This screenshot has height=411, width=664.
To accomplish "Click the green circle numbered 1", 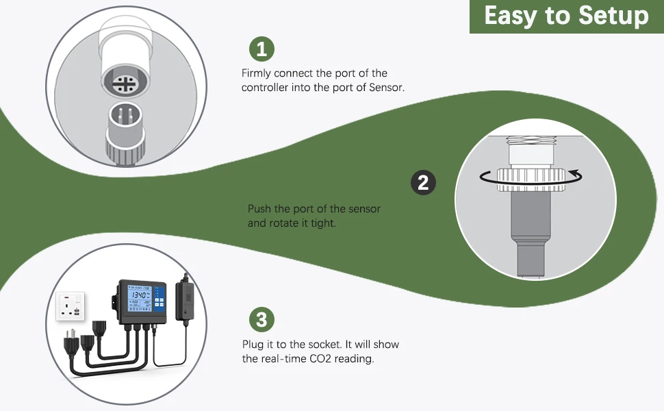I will pyautogui.click(x=261, y=49).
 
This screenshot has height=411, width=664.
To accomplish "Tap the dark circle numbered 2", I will pyautogui.click(x=422, y=182).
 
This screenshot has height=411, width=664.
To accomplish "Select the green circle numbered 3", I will pyautogui.click(x=261, y=319).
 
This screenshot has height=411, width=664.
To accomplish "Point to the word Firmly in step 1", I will pyautogui.click(x=257, y=73).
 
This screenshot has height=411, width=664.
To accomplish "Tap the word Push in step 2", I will pyautogui.click(x=259, y=209).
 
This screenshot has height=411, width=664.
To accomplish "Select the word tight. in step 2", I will pyautogui.click(x=322, y=223).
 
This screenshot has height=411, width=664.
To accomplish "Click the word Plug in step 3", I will pyautogui.click(x=253, y=344).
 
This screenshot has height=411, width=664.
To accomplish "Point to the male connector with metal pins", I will pyautogui.click(x=125, y=121).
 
